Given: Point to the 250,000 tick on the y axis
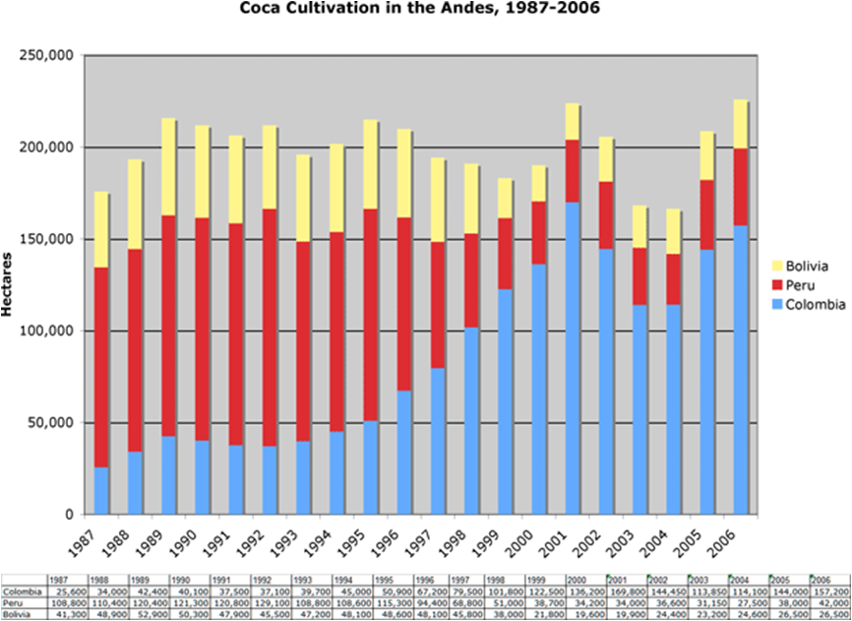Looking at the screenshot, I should pos(47,55).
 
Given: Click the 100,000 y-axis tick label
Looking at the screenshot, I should pos(47,331).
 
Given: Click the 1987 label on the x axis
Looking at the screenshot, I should pos(94,539).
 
